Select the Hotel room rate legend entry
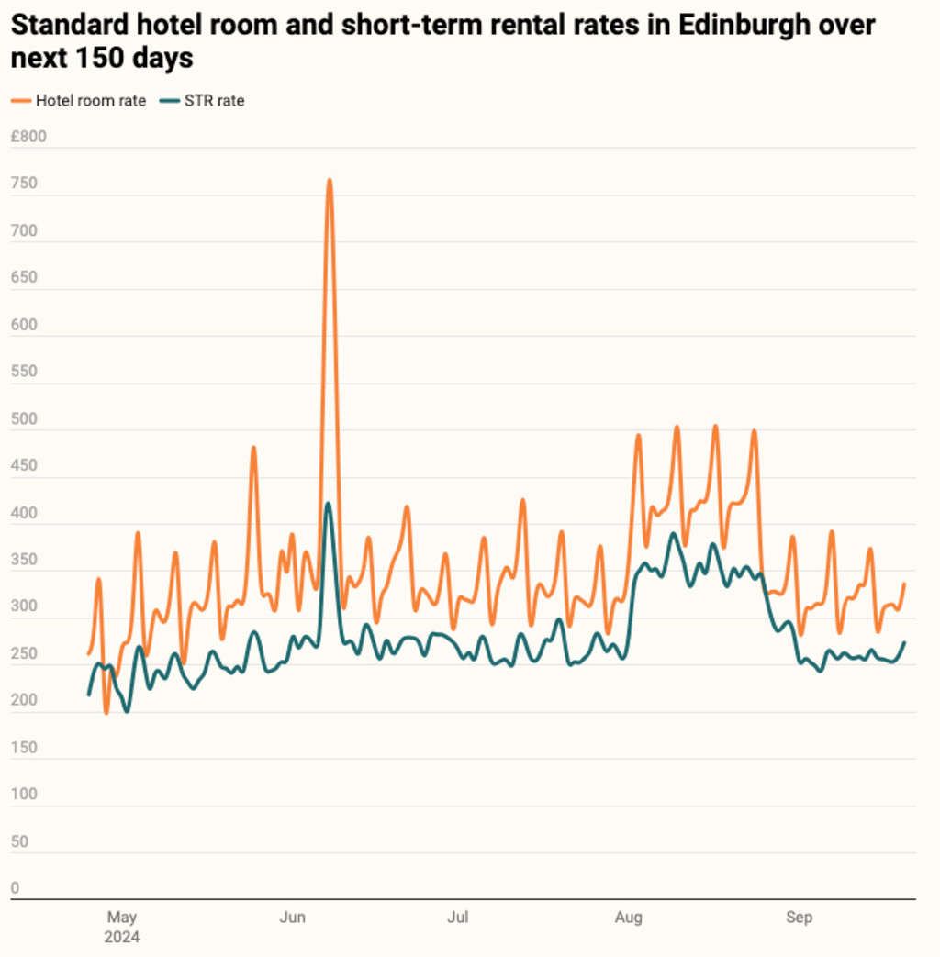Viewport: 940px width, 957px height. click(90, 101)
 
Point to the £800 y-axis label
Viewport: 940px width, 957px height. click(28, 138)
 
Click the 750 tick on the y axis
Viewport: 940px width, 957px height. click(24, 184)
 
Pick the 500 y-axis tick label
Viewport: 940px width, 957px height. click(24, 419)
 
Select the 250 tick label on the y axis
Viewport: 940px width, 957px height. click(24, 654)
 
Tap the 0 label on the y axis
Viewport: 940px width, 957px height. click(16, 888)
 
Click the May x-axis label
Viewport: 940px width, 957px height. click(122, 918)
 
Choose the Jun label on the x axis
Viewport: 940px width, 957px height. click(292, 918)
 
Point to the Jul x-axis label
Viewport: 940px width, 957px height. click(458, 918)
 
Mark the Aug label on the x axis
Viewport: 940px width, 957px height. click(629, 918)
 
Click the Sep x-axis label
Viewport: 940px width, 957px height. click(799, 918)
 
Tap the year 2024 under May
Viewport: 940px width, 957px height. click(122, 938)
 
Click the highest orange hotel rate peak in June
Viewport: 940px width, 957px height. click(329, 180)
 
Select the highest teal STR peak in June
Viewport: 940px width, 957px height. click(328, 503)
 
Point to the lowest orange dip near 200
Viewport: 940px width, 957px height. click(106, 712)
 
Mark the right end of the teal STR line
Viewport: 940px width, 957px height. click(905, 642)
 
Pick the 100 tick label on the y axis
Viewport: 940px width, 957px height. click(24, 795)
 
